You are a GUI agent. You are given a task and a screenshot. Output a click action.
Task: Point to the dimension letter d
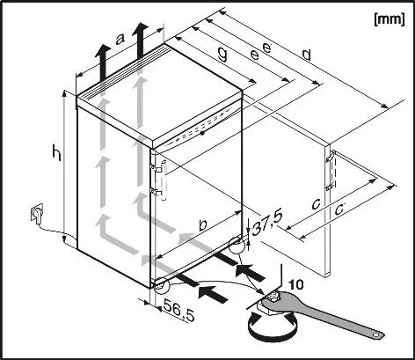click(x=305, y=55)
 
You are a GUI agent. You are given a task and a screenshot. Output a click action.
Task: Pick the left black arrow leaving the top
click(x=103, y=62)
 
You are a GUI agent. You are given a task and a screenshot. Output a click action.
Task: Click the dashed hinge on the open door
click(x=331, y=172)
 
